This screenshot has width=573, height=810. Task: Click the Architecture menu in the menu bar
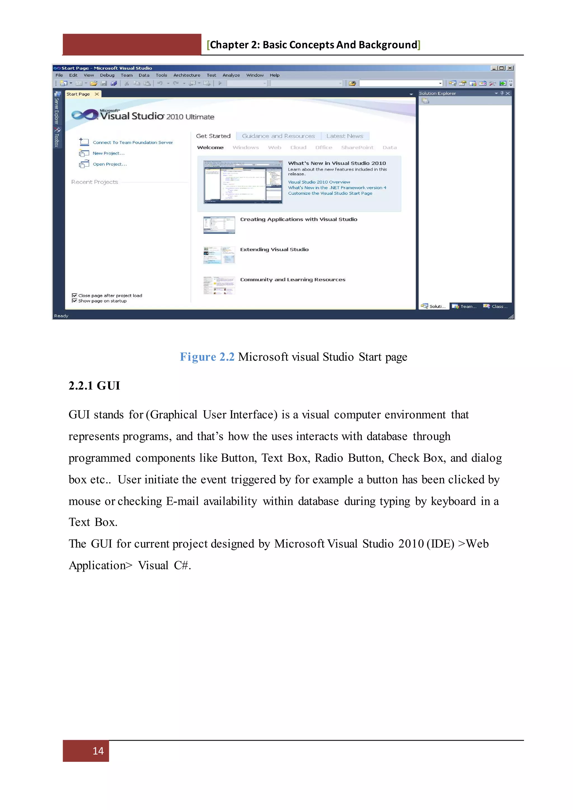(187, 75)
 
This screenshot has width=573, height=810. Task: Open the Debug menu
(107, 75)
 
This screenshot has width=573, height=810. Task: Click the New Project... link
(108, 153)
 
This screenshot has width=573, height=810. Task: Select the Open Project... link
(109, 164)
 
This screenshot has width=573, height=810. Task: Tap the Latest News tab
(344, 136)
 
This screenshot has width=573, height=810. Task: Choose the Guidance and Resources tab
(278, 136)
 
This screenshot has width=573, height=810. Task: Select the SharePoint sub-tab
(357, 147)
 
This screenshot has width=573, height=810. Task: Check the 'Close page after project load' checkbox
(74, 296)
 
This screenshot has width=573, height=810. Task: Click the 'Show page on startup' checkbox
(74, 301)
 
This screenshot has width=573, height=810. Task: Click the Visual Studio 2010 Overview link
(319, 182)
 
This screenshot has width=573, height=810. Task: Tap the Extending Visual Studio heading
(274, 249)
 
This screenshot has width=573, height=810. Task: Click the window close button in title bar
(510, 68)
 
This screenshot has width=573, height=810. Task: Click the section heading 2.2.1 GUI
(94, 386)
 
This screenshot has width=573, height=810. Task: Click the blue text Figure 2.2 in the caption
(207, 357)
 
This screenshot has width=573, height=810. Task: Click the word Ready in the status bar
(61, 316)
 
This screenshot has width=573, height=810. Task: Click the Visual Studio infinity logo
(85, 115)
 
